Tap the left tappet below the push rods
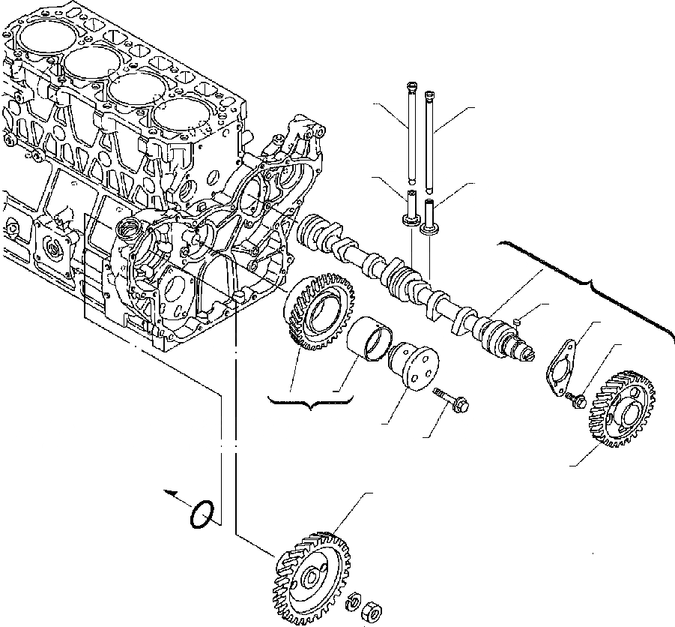coord(411,208)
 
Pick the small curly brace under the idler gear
coord(309,404)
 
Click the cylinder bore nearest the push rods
coord(180,117)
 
